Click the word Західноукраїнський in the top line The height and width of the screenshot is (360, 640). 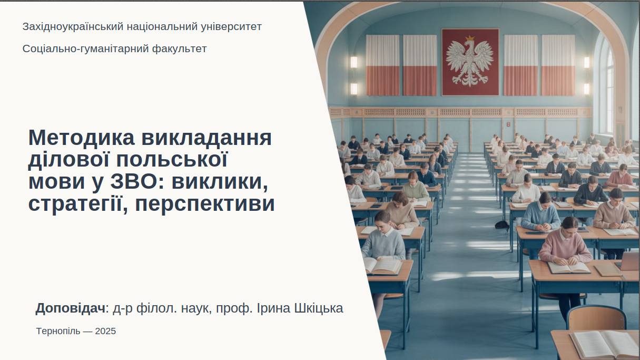coord(73,26)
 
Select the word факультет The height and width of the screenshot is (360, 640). coord(180,49)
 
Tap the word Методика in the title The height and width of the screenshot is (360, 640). coord(82,138)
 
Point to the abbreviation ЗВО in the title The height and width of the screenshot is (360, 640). coord(134,182)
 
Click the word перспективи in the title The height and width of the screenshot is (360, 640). coord(205,204)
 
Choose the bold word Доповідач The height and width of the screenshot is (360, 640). coord(70,308)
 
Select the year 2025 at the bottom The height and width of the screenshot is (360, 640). coord(105,331)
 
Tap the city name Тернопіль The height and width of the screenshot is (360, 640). coord(58,331)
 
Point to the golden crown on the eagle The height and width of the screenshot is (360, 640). coord(470,38)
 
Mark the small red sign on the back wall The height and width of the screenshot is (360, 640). coord(508,124)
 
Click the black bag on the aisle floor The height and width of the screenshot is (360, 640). coord(503,225)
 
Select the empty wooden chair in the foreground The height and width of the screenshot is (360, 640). coord(596,317)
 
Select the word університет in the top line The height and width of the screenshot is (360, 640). coord(231,26)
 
